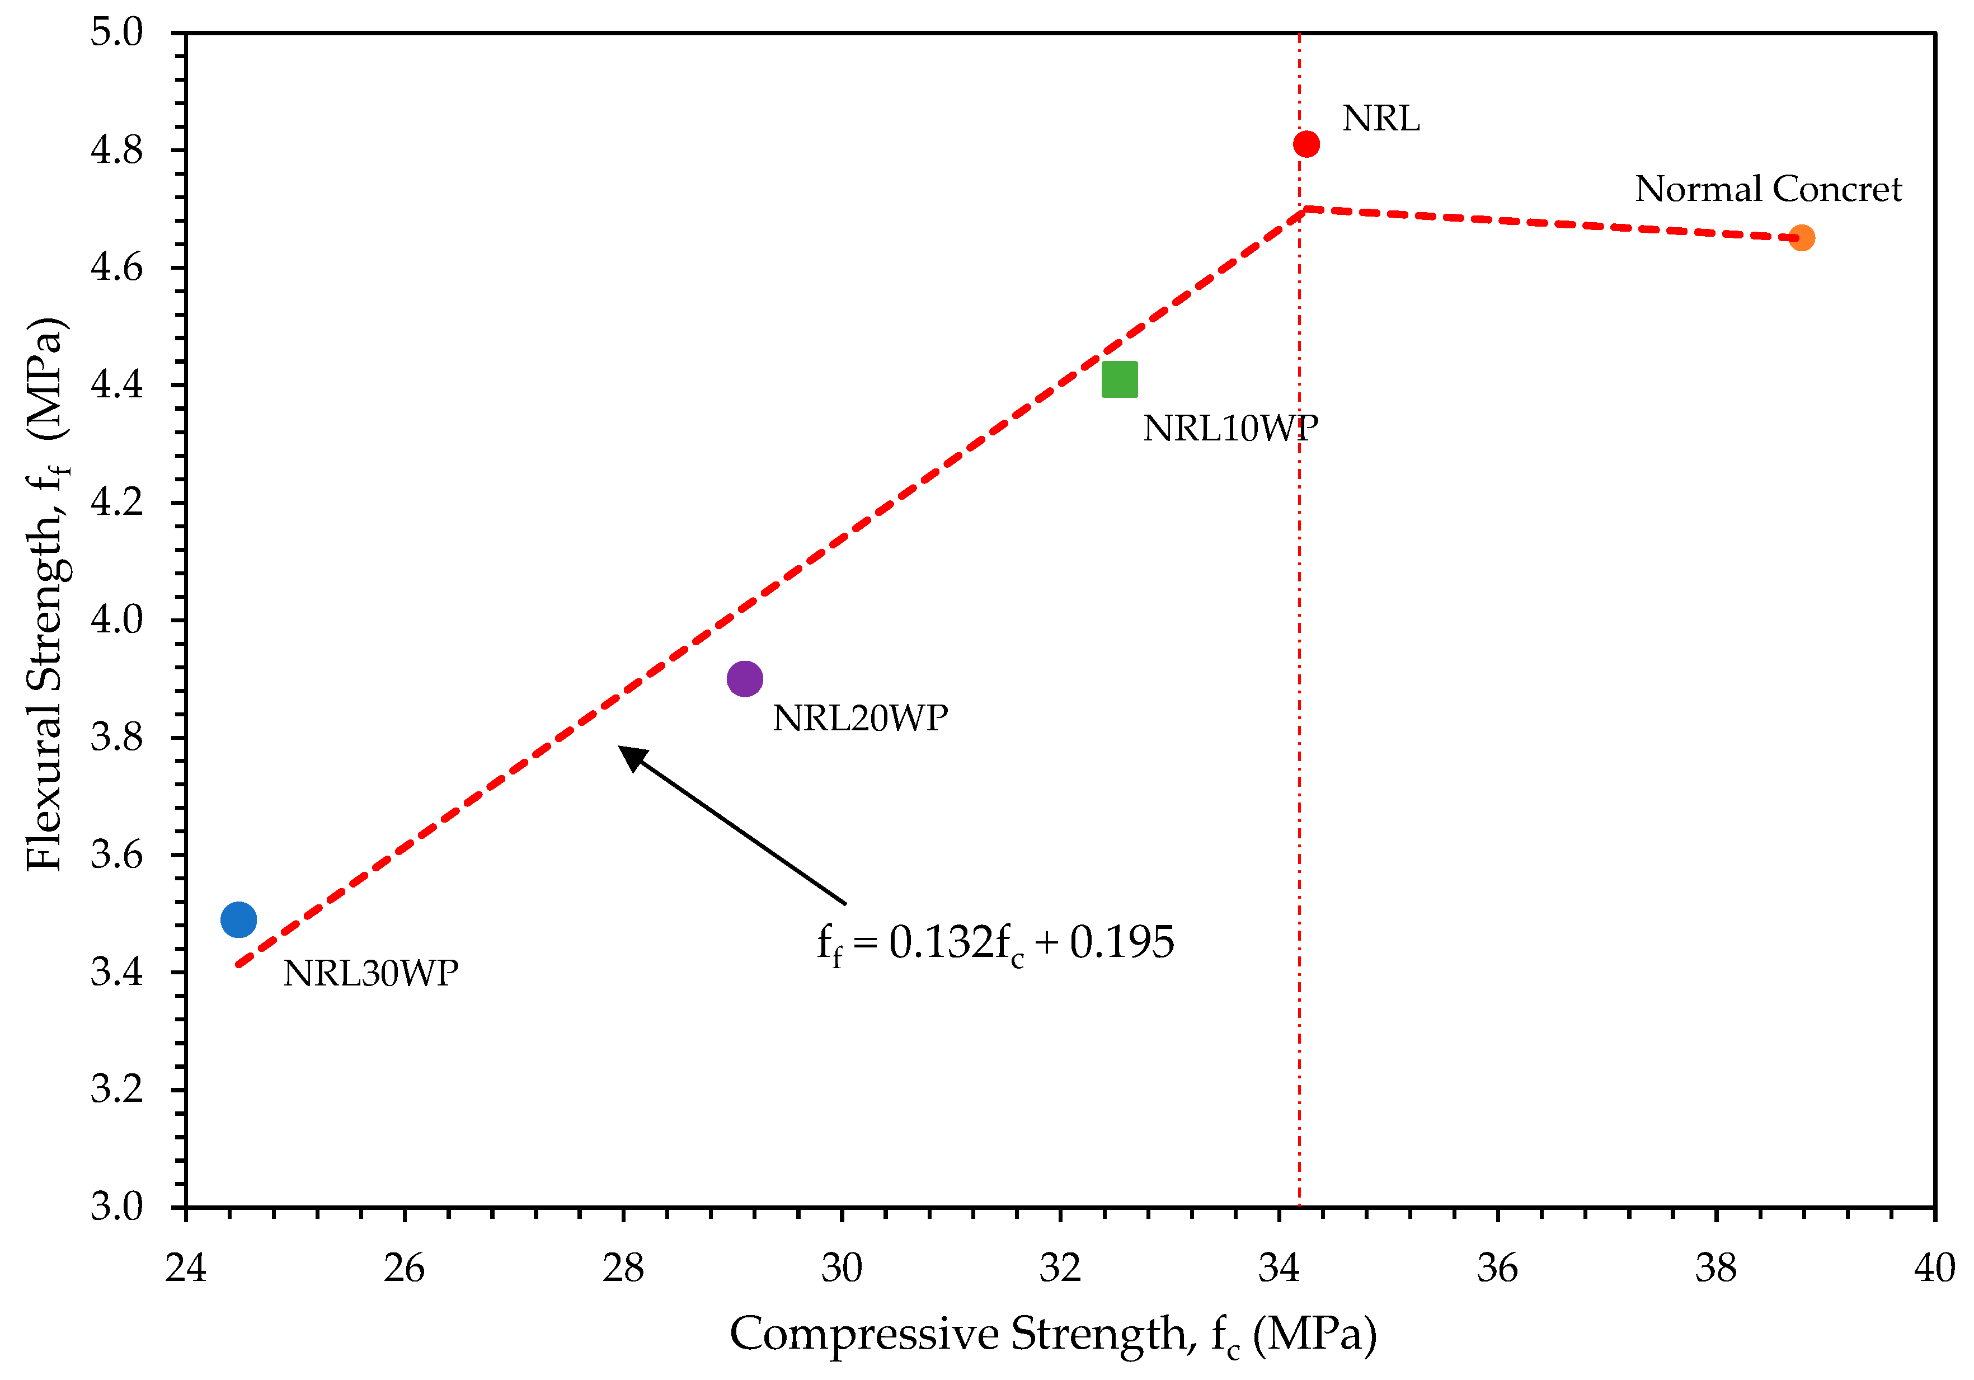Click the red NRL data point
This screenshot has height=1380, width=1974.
[x=1306, y=144]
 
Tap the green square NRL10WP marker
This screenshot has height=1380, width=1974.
[x=1120, y=379]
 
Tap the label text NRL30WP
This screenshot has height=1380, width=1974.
[x=370, y=973]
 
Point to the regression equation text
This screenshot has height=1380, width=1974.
[x=995, y=942]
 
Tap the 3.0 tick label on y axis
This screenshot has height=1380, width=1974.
[x=117, y=1207]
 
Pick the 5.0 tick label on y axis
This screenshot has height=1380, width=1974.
[x=117, y=32]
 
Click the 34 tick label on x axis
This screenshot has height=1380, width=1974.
[x=1279, y=1268]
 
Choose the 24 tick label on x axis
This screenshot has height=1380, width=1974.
[x=186, y=1268]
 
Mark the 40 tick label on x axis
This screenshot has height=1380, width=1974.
[x=1934, y=1268]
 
